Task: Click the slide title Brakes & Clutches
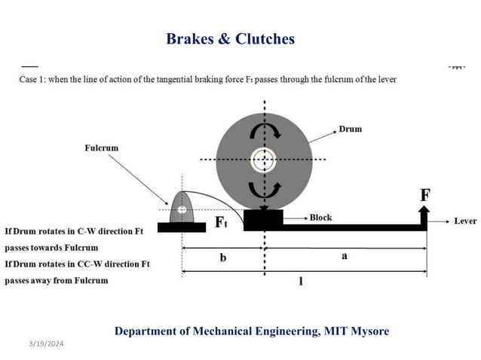click(x=230, y=38)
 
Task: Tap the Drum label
click(x=350, y=129)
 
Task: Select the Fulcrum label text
click(x=101, y=148)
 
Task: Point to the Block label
click(x=321, y=217)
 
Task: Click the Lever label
click(x=464, y=221)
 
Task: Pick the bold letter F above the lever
click(x=425, y=195)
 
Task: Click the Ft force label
click(x=222, y=222)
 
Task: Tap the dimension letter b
click(x=222, y=257)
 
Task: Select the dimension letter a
click(x=345, y=256)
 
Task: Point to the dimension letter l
click(x=301, y=281)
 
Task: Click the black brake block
click(x=263, y=219)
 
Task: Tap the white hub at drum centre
click(x=263, y=159)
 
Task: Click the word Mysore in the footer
click(x=368, y=331)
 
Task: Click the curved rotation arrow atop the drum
click(x=263, y=132)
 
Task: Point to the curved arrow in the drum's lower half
click(x=263, y=186)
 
